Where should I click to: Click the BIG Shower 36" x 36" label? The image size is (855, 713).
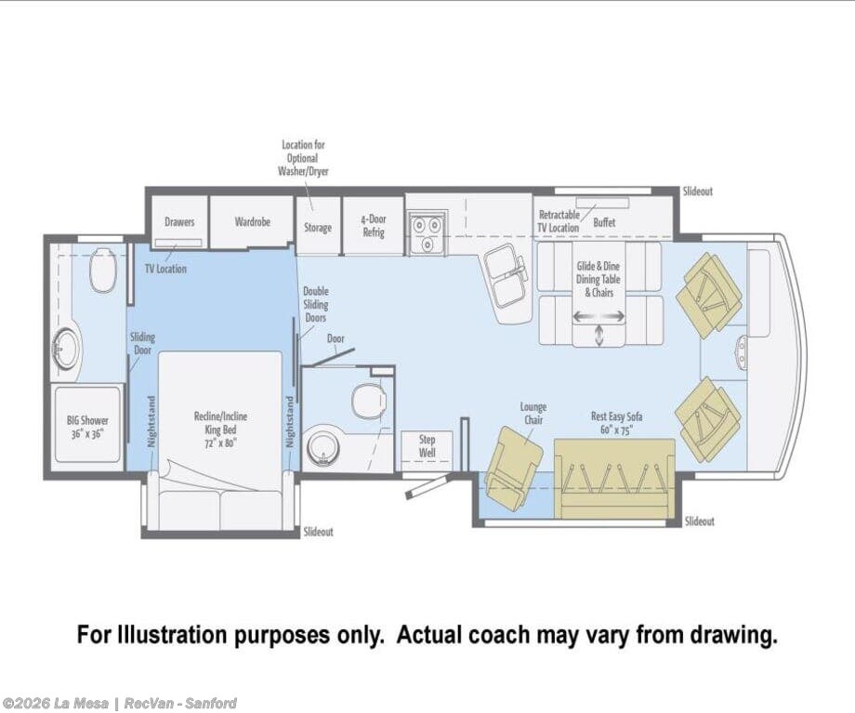pyautogui.click(x=87, y=427)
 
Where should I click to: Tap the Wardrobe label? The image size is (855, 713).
pyautogui.click(x=253, y=221)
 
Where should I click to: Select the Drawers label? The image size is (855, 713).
pyautogui.click(x=179, y=221)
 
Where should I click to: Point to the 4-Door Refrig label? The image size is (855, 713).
pyautogui.click(x=374, y=225)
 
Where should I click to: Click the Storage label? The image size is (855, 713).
pyautogui.click(x=318, y=228)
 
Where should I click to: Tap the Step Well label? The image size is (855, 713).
pyautogui.click(x=427, y=445)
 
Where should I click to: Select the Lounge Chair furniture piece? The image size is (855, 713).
pyautogui.click(x=514, y=469)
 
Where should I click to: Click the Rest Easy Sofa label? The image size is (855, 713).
pyautogui.click(x=616, y=423)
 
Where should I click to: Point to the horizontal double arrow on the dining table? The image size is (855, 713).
pyautogui.click(x=598, y=316)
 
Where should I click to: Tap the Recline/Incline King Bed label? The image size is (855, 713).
pyautogui.click(x=220, y=429)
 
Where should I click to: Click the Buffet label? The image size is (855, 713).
pyautogui.click(x=604, y=222)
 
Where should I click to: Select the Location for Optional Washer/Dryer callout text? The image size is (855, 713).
pyautogui.click(x=303, y=158)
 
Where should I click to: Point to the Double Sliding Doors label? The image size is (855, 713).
pyautogui.click(x=316, y=304)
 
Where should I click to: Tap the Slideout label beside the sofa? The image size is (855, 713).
pyautogui.click(x=700, y=521)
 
